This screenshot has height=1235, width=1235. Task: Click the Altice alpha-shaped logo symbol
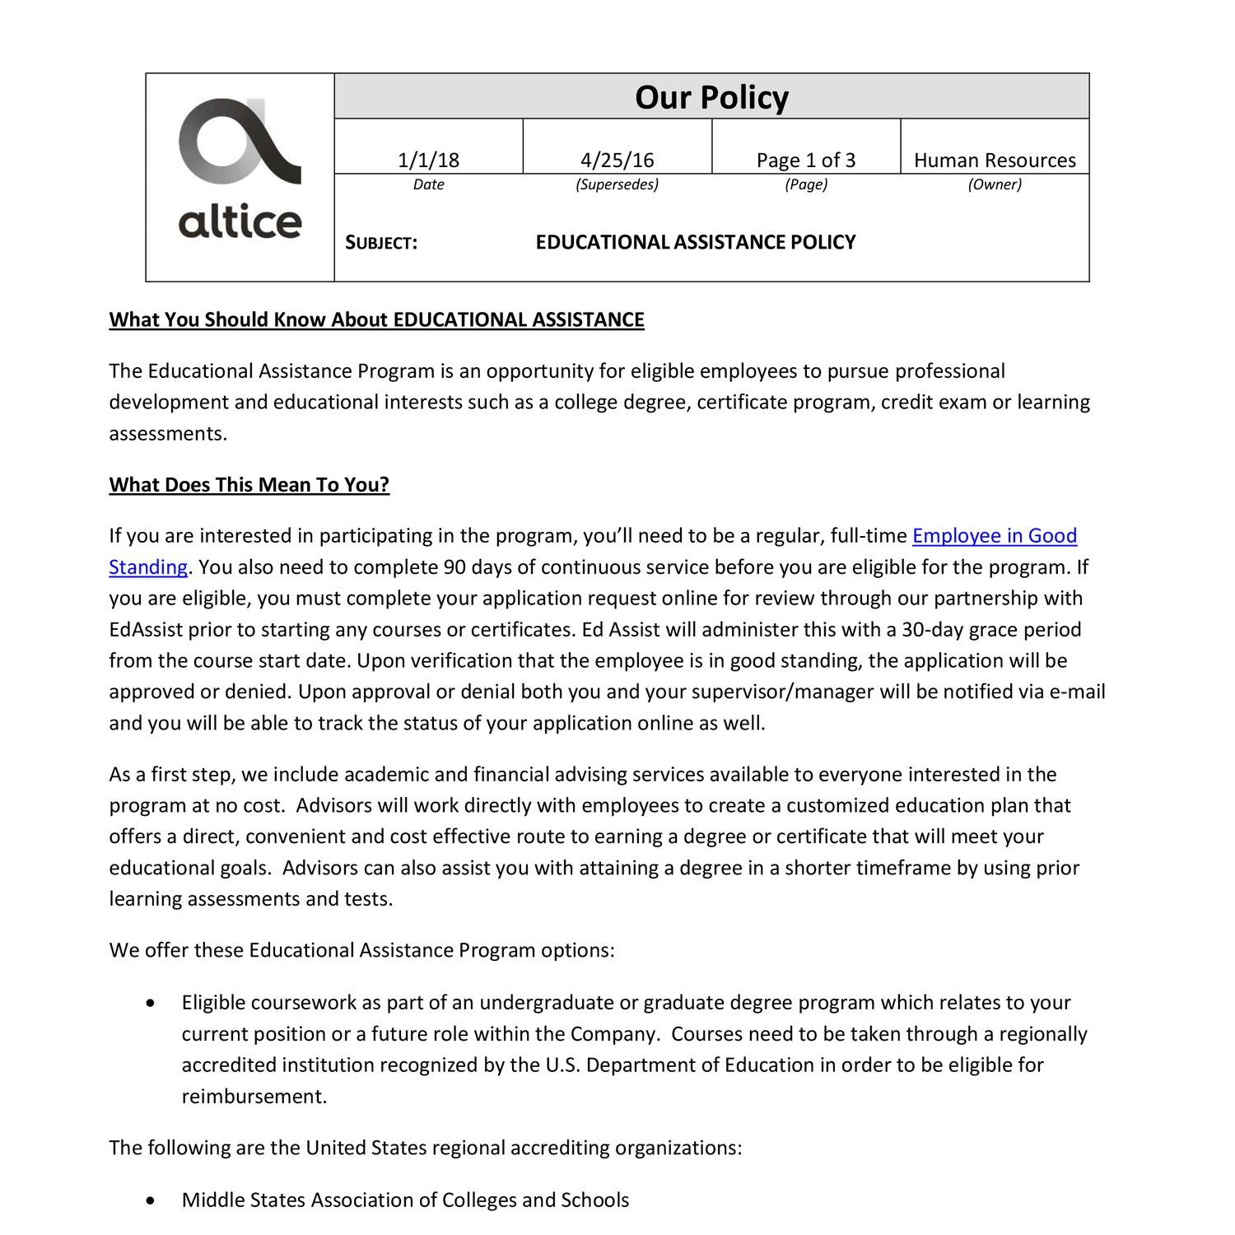point(239,141)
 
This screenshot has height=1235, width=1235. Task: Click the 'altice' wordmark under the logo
point(240,221)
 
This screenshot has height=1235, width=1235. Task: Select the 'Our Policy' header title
point(711,97)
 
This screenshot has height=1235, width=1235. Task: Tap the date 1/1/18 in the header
point(428,160)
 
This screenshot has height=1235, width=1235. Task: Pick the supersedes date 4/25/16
point(617,160)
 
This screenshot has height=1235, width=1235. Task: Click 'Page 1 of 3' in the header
point(805,160)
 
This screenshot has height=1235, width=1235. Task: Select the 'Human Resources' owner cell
point(995,160)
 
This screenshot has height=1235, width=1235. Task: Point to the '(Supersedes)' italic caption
point(617,184)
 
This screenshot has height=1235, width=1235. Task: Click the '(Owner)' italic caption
point(995,184)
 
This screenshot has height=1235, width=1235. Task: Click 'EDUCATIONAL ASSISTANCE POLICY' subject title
point(696,242)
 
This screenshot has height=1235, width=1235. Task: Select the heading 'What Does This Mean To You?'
point(249,485)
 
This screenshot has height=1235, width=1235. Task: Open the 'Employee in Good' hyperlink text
point(995,536)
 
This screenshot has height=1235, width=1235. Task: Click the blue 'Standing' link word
point(148,567)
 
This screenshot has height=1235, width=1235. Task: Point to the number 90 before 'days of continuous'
point(454,567)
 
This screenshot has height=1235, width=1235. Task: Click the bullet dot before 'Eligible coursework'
point(149,1003)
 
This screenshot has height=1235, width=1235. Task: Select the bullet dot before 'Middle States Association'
point(149,1200)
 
